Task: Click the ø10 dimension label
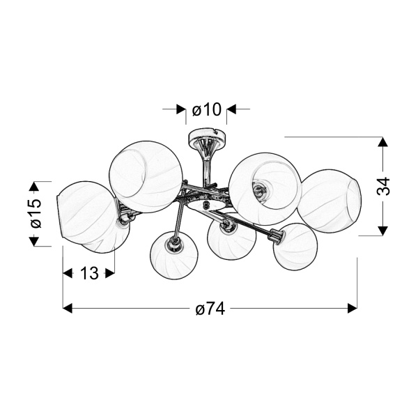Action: (x=207, y=109)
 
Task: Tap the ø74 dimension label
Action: (x=210, y=309)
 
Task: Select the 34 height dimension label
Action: (x=383, y=186)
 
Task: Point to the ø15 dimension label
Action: (x=36, y=214)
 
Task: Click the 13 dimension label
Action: (x=89, y=273)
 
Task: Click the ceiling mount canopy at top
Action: (x=207, y=136)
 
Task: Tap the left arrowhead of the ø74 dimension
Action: (x=67, y=308)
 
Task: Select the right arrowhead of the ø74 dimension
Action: (x=353, y=308)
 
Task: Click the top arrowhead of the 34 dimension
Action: (x=383, y=141)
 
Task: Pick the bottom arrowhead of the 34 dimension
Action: (x=383, y=231)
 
